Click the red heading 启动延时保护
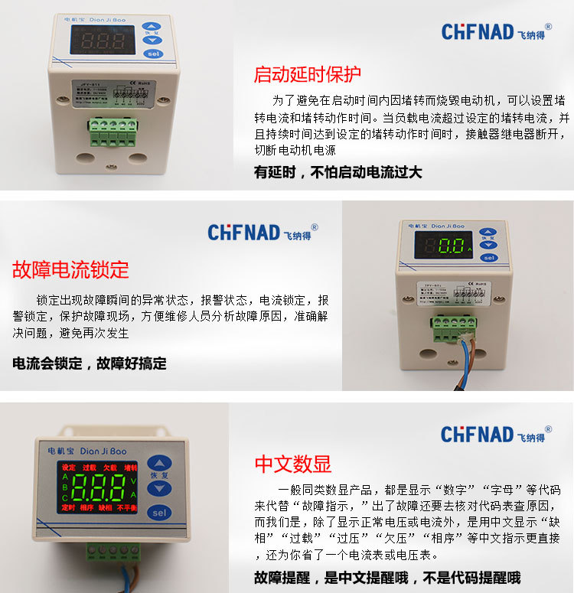[x=307, y=75]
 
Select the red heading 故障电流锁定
[x=70, y=269]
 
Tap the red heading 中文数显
[x=292, y=464]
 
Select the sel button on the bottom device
[x=159, y=512]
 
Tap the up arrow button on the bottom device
[x=159, y=464]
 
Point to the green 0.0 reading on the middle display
[x=447, y=247]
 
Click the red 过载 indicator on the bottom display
[x=90, y=468]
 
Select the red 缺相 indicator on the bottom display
[x=109, y=507]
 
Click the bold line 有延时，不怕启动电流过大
[x=338, y=172]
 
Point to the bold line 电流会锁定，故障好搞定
[x=90, y=363]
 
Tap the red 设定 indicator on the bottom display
[x=68, y=468]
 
